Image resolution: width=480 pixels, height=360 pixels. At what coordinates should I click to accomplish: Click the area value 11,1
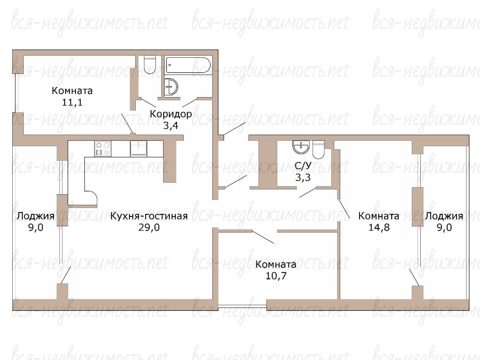click(72, 102)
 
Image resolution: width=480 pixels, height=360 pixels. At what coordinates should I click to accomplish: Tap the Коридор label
click(171, 114)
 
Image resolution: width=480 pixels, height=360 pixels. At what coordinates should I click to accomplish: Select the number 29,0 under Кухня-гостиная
click(149, 227)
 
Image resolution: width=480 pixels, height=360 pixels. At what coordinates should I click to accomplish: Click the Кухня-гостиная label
click(149, 216)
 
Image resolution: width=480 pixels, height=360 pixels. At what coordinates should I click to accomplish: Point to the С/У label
click(303, 166)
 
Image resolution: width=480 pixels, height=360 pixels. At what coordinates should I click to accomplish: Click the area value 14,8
click(379, 227)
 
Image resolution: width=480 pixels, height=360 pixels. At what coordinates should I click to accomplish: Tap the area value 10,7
click(276, 276)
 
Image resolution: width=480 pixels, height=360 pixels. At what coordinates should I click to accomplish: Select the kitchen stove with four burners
click(102, 148)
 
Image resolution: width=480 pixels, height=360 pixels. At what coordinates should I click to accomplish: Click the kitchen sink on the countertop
click(138, 148)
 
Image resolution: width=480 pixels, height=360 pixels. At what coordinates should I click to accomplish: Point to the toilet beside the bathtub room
click(150, 64)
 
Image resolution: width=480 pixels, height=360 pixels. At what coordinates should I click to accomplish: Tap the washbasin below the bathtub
click(171, 87)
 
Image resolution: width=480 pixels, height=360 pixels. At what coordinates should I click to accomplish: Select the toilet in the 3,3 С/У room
click(318, 150)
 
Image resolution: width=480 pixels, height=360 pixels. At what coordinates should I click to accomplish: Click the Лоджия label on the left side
click(36, 216)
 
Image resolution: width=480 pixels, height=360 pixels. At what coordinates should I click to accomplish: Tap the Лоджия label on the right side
click(444, 216)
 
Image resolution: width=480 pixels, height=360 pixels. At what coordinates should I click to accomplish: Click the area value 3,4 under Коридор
click(171, 126)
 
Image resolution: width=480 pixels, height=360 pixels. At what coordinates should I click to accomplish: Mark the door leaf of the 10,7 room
click(263, 237)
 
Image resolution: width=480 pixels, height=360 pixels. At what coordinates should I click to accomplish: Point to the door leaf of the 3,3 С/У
click(307, 192)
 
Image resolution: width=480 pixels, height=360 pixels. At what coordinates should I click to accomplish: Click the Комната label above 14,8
click(378, 216)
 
